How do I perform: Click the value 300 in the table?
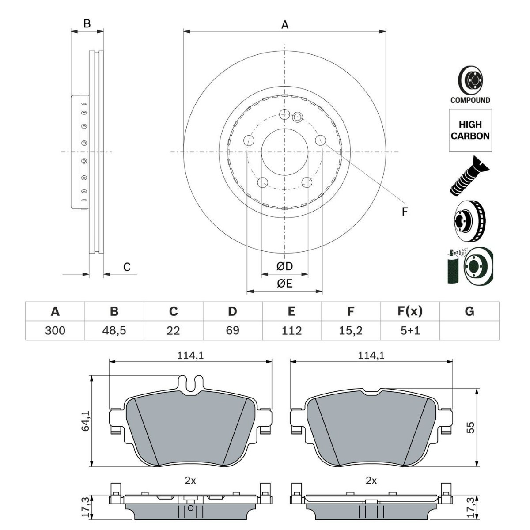(55, 330)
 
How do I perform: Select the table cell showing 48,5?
(114, 330)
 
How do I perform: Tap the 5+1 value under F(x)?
(410, 330)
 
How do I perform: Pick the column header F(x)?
(410, 311)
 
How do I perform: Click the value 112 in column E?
(291, 330)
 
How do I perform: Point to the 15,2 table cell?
(351, 330)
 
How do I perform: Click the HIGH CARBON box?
(470, 130)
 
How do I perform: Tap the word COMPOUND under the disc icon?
(470, 100)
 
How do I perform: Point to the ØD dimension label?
(285, 266)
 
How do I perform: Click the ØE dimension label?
(285, 284)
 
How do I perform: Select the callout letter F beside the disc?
(404, 212)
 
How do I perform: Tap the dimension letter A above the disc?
(285, 25)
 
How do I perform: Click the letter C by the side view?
(127, 267)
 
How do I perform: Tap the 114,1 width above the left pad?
(190, 355)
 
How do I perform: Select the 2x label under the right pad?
(371, 481)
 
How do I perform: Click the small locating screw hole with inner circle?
(298, 117)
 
